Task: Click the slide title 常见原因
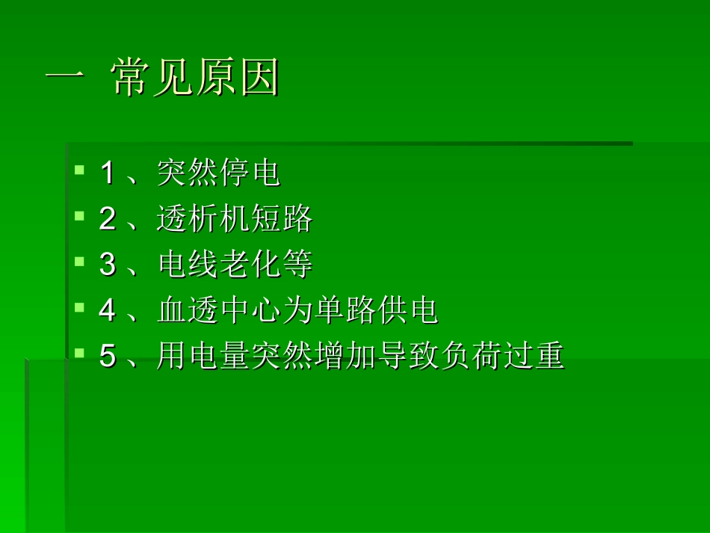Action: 195,78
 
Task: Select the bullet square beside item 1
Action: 80,170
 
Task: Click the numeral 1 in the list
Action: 108,174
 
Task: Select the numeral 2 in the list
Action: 108,220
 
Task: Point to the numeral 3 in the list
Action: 108,265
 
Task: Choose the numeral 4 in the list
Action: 108,311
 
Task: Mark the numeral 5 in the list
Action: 108,357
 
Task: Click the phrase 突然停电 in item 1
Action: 218,174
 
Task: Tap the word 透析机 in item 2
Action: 203,220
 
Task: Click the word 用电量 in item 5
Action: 203,357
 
